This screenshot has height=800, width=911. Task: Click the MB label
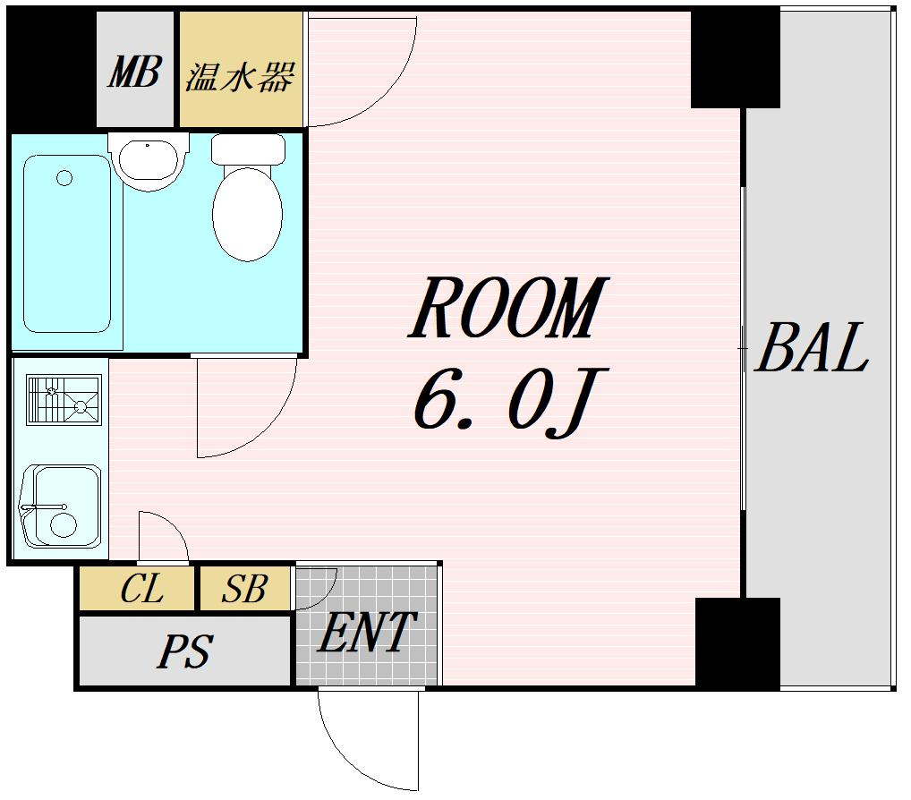[134, 72]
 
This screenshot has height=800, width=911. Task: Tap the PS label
[183, 651]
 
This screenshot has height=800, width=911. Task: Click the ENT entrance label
[366, 634]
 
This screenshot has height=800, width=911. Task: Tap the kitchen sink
[61, 506]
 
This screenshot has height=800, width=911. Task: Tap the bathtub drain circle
[64, 178]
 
